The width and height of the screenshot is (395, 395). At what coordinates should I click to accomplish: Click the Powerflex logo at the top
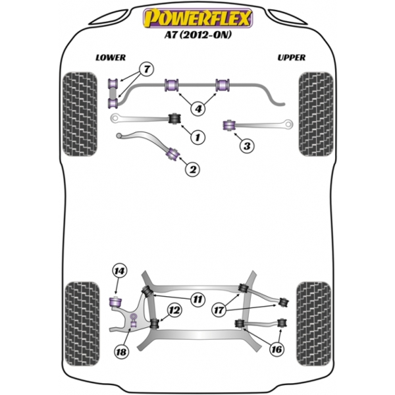(197, 18)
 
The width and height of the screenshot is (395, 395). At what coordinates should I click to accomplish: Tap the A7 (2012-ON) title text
(197, 35)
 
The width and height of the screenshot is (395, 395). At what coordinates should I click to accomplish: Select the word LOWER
(111, 58)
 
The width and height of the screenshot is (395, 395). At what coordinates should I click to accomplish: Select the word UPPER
(292, 58)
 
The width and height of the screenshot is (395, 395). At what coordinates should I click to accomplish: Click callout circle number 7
(147, 68)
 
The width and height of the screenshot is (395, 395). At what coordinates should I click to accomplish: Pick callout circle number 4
(198, 109)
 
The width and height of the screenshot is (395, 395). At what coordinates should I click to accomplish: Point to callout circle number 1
(197, 138)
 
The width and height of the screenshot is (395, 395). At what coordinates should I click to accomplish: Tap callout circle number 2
(192, 169)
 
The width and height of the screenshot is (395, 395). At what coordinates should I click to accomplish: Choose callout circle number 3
(247, 146)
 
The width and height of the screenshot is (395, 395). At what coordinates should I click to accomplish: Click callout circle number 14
(119, 271)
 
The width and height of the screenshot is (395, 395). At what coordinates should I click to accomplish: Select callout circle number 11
(197, 300)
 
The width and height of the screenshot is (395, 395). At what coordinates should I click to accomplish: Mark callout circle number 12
(174, 310)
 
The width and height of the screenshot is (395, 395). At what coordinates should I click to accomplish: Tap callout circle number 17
(219, 310)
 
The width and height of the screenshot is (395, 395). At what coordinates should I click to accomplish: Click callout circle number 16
(276, 349)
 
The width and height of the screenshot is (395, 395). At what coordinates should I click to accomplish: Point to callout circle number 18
(121, 352)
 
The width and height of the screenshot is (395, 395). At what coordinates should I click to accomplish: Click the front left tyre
(80, 114)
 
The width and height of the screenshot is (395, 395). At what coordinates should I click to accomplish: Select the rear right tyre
(314, 324)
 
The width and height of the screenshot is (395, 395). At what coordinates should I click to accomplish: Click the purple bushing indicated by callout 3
(229, 126)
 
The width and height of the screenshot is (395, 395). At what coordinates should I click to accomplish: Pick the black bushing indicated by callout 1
(174, 118)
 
